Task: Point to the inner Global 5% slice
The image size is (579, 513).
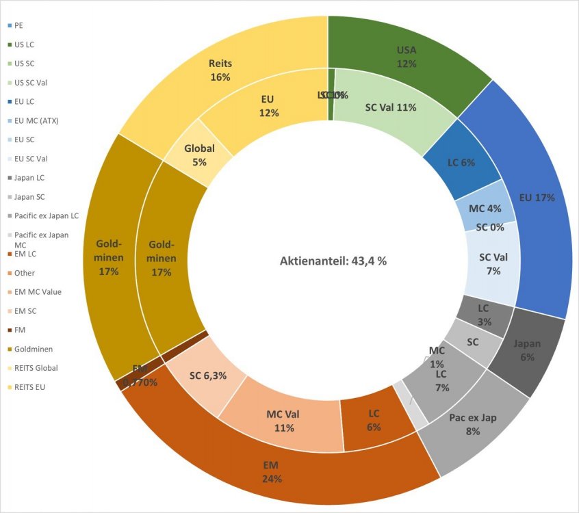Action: pos(200,155)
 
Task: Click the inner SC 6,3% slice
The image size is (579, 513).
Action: pos(206,376)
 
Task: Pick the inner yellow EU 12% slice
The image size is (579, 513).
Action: pos(267,106)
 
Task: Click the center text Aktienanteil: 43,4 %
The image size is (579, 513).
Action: pos(333,261)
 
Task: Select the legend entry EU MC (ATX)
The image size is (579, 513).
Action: pos(36,121)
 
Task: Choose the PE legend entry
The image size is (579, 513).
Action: pos(18,25)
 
